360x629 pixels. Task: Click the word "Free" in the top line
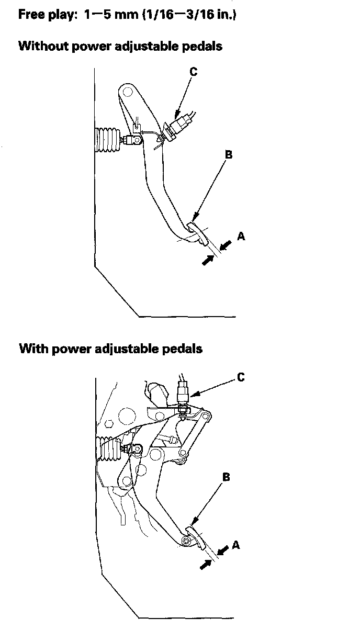tap(31, 14)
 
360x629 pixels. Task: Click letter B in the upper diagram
tap(229, 154)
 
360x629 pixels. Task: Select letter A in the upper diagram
tap(241, 236)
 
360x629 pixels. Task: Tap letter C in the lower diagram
tap(241, 377)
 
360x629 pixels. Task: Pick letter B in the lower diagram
tap(226, 477)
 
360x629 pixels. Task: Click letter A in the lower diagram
tap(235, 545)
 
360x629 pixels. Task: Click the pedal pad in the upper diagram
tap(198, 233)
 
